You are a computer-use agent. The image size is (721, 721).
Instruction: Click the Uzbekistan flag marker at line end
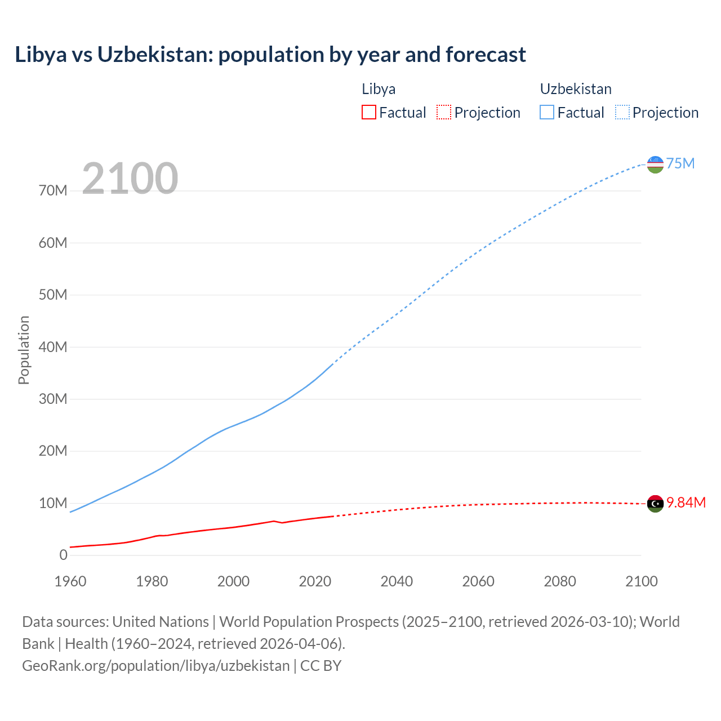pyautogui.click(x=655, y=164)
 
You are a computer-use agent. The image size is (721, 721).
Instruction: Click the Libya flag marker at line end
pyautogui.click(x=655, y=504)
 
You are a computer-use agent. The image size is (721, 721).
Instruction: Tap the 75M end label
pyautogui.click(x=680, y=164)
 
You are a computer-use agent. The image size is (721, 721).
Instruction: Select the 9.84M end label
pyautogui.click(x=686, y=503)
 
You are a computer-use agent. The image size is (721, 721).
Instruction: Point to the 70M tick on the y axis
pyautogui.click(x=53, y=191)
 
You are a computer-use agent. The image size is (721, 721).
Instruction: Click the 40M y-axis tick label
pyautogui.click(x=53, y=347)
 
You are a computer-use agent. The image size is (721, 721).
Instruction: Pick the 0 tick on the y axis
pyautogui.click(x=63, y=555)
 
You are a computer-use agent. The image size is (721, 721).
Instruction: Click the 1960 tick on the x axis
pyautogui.click(x=70, y=581)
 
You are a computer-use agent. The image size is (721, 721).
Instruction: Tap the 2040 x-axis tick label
pyautogui.click(x=397, y=581)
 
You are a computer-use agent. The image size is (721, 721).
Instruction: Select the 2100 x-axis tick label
pyautogui.click(x=641, y=581)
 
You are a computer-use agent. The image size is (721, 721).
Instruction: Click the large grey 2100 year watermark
pyautogui.click(x=130, y=179)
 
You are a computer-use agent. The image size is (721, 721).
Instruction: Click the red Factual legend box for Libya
pyautogui.click(x=368, y=112)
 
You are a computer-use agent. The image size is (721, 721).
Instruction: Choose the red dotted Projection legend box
pyautogui.click(x=444, y=112)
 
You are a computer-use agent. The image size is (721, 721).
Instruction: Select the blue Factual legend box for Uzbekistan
pyautogui.click(x=546, y=112)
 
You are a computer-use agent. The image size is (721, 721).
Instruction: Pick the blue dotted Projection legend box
pyautogui.click(x=622, y=112)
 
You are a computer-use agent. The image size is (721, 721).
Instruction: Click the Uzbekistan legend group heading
pyautogui.click(x=575, y=89)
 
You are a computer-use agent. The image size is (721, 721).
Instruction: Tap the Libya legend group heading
pyautogui.click(x=378, y=89)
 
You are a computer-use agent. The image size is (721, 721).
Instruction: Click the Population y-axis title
pyautogui.click(x=24, y=350)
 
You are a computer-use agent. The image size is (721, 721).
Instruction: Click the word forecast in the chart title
pyautogui.click(x=486, y=55)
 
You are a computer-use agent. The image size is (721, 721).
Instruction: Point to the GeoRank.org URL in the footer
pyautogui.click(x=155, y=666)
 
